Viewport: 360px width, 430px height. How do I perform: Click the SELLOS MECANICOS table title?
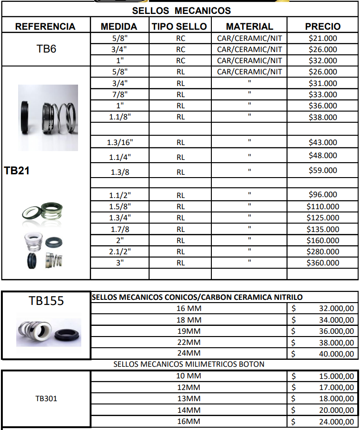pos(181,10)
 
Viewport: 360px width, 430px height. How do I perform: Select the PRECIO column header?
pos(323,26)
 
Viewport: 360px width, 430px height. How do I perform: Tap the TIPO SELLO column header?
pos(180,26)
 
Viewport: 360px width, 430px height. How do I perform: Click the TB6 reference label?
pos(46,49)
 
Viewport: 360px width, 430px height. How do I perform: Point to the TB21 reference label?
pos(17,171)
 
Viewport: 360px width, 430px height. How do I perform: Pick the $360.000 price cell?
pos(323,263)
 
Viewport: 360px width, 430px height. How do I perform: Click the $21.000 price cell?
pos(323,38)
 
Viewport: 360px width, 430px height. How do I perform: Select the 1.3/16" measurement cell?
pos(119,143)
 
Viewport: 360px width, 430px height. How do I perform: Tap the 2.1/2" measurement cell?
pos(119,251)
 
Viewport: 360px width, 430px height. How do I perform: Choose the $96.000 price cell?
pos(323,195)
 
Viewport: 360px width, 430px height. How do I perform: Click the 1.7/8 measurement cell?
pos(119,229)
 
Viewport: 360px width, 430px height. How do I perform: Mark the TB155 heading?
pos(46,301)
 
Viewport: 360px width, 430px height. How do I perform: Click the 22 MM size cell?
pos(189,343)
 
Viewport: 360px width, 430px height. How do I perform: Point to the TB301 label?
pos(46,398)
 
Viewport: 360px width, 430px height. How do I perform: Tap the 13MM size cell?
pos(189,399)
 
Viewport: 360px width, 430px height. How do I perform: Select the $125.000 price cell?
pos(323,218)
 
